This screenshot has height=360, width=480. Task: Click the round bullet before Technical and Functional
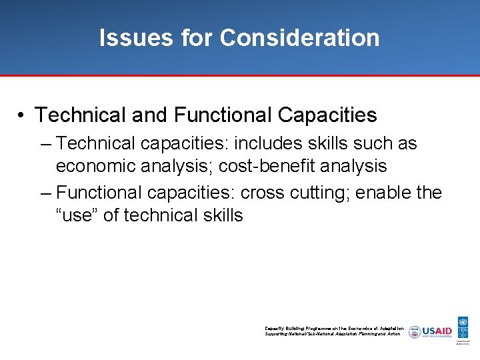pos(22,115)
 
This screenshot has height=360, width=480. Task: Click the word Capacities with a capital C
pos(327,115)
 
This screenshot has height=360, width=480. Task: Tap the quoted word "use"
pos(77,215)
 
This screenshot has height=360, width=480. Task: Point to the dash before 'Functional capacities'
pos(45,193)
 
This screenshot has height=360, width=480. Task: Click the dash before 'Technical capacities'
pos(45,144)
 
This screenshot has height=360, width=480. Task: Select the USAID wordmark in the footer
pos(437,330)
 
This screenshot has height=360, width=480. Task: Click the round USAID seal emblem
pos(415,331)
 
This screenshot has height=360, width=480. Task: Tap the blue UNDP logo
pos(463,327)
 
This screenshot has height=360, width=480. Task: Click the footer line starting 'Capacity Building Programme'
pos(333,328)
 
